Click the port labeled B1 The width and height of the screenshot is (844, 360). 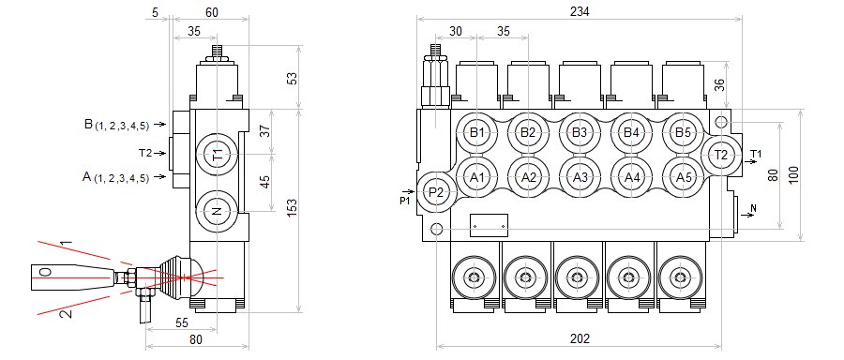(477, 132)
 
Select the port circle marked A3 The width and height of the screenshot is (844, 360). (580, 177)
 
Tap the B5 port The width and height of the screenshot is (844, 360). (683, 132)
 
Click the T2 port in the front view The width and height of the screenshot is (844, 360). (721, 155)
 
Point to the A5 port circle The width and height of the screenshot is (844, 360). (683, 177)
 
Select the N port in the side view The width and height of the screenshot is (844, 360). (217, 212)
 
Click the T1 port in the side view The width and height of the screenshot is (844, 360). (217, 155)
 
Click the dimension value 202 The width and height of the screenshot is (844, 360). (580, 339)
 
